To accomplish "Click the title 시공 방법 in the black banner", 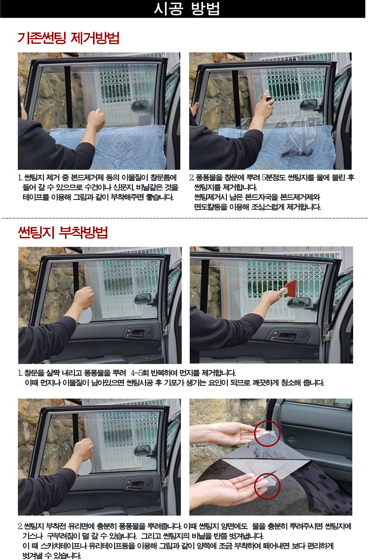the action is point(187,8).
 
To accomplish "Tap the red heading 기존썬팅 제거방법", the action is point(68,38).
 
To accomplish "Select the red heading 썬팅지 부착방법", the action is point(63,232).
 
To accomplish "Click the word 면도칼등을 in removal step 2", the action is point(211,207).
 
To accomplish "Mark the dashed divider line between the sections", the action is point(185,217).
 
